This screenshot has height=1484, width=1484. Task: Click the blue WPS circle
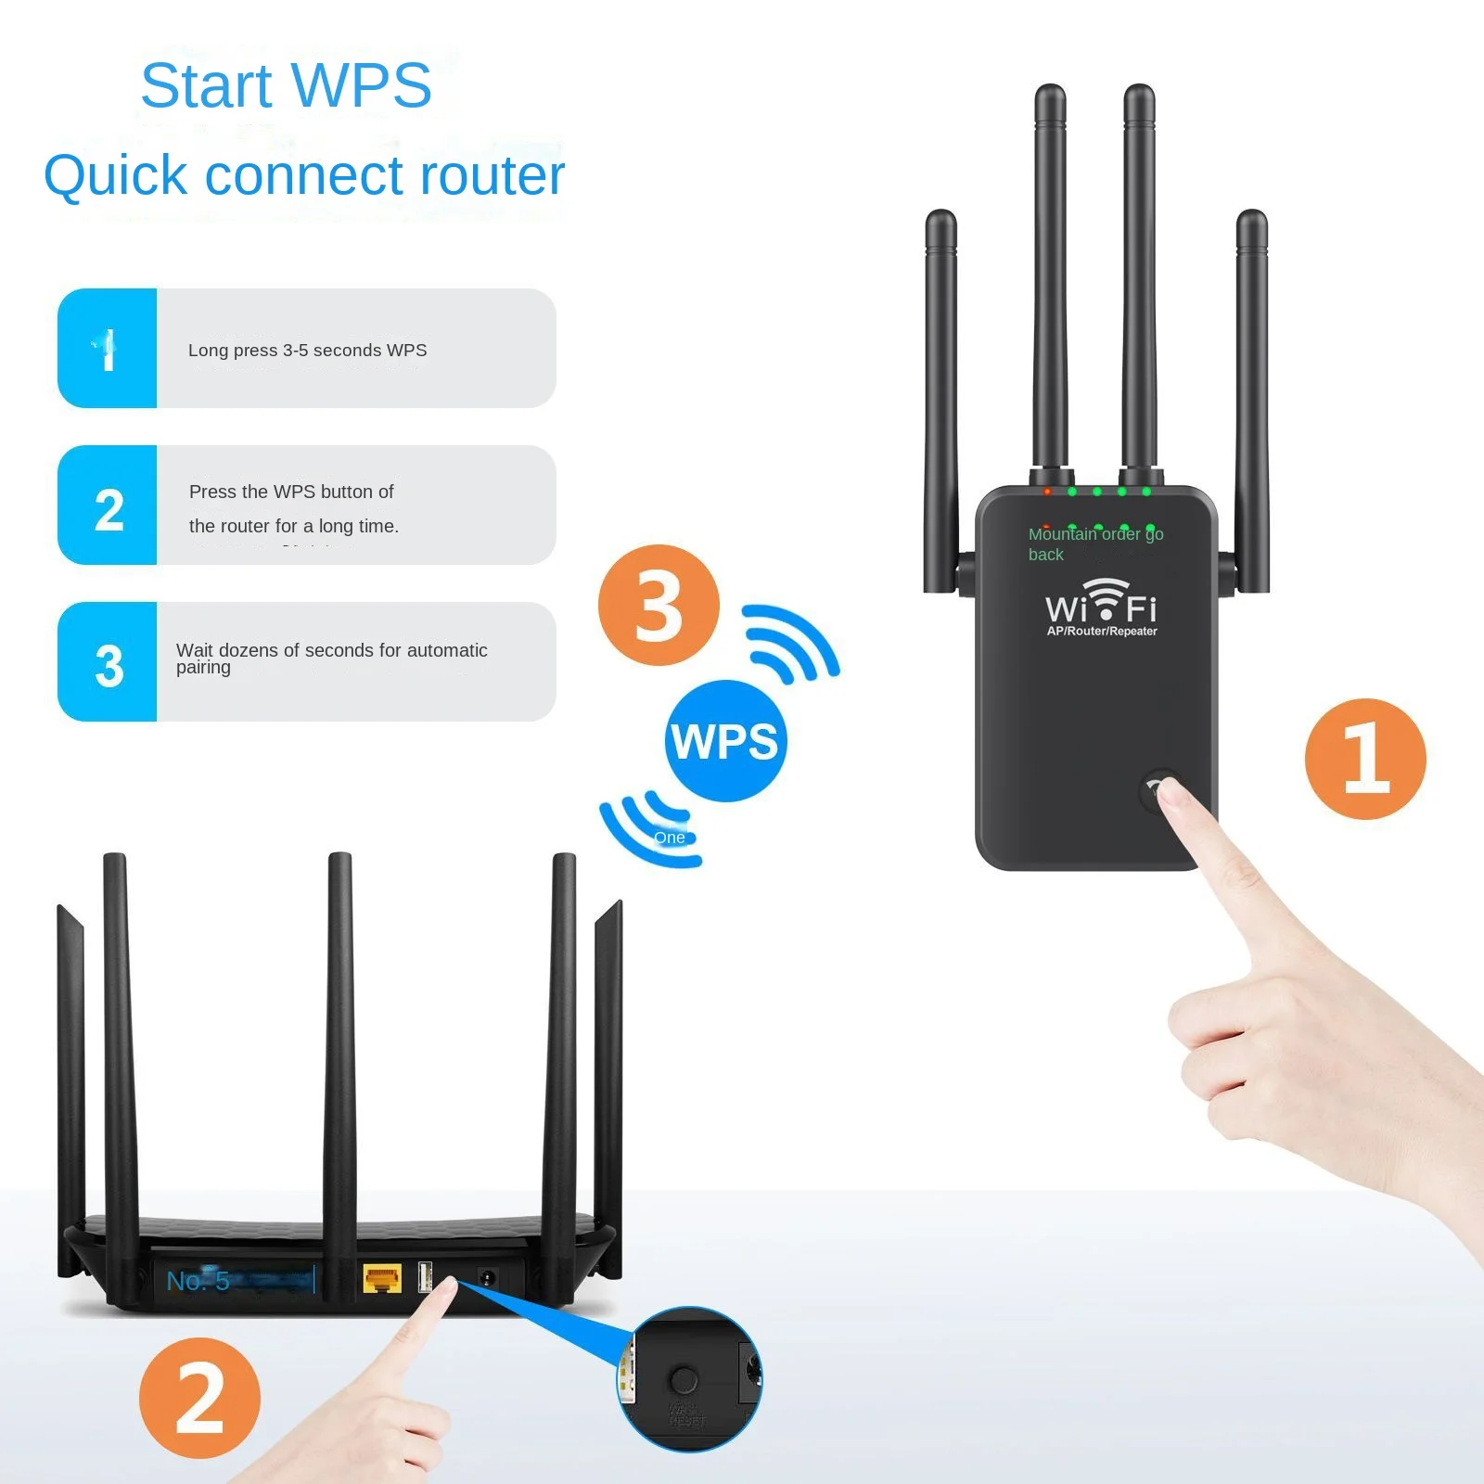(x=725, y=741)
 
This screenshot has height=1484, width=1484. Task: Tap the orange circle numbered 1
(x=1364, y=759)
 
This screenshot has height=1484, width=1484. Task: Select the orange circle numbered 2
(x=199, y=1398)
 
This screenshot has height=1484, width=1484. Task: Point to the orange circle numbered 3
(x=659, y=605)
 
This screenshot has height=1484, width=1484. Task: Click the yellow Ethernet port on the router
(x=381, y=1279)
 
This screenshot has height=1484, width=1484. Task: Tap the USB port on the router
(x=425, y=1277)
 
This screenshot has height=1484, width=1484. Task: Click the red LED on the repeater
(x=1047, y=491)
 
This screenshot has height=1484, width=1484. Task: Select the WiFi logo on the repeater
(x=1101, y=603)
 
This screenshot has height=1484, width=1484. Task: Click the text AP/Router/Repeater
(x=1102, y=632)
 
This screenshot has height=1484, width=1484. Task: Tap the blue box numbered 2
(x=108, y=505)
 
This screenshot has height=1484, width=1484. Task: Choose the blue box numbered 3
(x=108, y=662)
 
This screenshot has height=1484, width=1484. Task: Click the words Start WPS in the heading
(x=286, y=85)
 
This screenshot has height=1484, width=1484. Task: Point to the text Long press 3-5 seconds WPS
(x=307, y=351)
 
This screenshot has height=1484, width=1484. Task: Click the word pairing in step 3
(x=203, y=668)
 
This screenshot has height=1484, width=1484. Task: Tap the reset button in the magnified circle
(x=684, y=1380)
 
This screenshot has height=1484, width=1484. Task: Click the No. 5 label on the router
(x=198, y=1281)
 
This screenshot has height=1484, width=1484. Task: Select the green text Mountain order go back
(x=1094, y=544)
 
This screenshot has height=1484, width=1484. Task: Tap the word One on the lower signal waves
(x=669, y=838)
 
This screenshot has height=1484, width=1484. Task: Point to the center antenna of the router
(x=339, y=1020)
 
